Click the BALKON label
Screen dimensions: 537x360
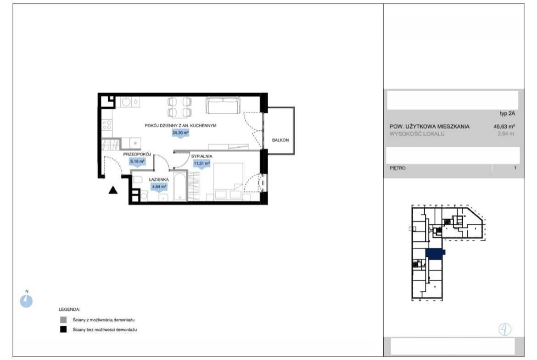280,140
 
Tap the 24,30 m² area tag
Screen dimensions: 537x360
180,133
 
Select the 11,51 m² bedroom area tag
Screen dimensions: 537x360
201,164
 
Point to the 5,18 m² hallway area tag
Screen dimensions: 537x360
137,161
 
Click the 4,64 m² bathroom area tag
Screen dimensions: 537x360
159,187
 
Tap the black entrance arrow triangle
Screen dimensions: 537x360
113,190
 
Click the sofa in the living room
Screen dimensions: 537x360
223,105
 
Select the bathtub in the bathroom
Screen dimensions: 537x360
180,187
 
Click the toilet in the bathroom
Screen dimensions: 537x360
137,179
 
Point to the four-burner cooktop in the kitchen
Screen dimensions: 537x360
107,125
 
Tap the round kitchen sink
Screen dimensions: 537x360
126,102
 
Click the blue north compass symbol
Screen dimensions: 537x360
26,301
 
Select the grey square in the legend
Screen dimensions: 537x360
63,320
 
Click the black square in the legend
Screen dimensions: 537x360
63,330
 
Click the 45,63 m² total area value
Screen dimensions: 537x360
504,126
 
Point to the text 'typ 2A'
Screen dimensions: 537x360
507,114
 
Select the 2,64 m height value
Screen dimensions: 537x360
506,134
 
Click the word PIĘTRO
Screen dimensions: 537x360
397,168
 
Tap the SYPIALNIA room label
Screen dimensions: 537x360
201,156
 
